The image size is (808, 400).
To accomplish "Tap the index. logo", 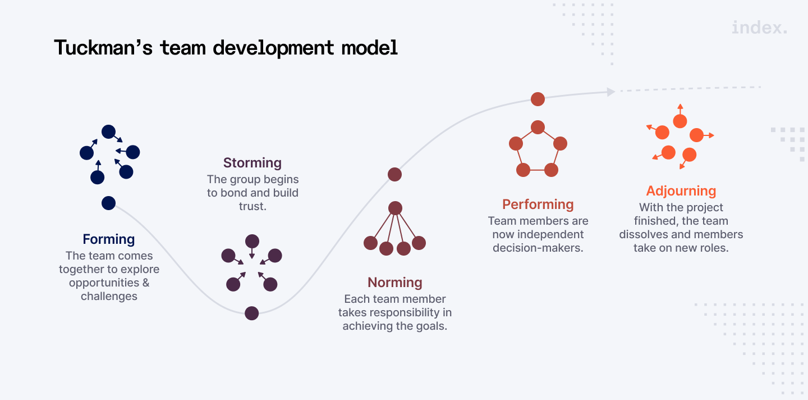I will [759, 28].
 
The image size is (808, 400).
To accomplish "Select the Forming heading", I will [109, 239].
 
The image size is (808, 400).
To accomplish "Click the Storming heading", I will [252, 163].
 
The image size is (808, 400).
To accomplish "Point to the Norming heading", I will [395, 283].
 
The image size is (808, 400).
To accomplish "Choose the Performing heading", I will [538, 204].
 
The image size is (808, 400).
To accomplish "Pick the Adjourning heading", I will [681, 191].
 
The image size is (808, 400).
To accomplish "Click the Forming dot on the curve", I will [108, 203].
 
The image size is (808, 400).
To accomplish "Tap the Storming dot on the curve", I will [252, 313].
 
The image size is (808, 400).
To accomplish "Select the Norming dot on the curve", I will [395, 174].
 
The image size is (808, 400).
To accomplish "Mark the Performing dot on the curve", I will [538, 99].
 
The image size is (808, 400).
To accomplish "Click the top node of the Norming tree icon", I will [396, 208].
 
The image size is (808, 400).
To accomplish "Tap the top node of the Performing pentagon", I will [538, 128].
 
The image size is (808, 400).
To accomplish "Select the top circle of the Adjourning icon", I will [680, 121].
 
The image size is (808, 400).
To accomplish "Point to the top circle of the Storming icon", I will [252, 242].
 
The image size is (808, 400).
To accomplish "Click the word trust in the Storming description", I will [252, 206].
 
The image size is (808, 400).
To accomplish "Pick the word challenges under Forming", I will [109, 296].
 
